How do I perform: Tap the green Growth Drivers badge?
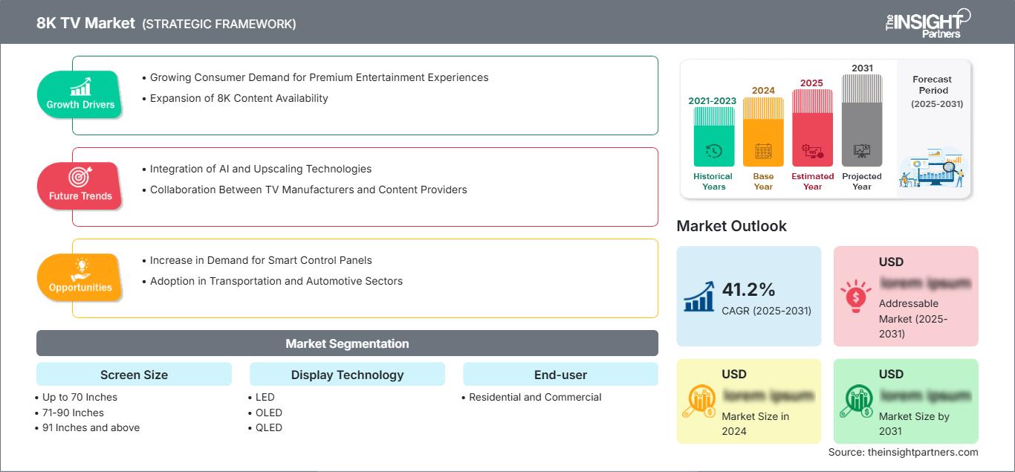click(x=80, y=94)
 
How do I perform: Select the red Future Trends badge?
click(x=80, y=186)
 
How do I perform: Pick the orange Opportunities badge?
click(x=80, y=277)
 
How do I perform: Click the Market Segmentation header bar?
click(x=347, y=343)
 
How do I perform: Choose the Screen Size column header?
click(x=134, y=375)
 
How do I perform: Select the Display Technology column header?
click(x=347, y=375)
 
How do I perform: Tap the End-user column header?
click(x=560, y=375)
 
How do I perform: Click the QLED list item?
click(x=268, y=427)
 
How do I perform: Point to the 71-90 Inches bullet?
click(x=73, y=413)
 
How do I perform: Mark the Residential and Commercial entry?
click(x=535, y=397)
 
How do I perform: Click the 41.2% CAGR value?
click(x=748, y=289)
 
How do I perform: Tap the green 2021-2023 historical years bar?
click(x=713, y=138)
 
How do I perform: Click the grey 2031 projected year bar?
click(x=862, y=120)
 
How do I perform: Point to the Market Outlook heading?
click(x=731, y=226)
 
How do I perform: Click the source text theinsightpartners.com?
click(x=903, y=452)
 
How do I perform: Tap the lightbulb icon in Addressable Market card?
click(x=855, y=295)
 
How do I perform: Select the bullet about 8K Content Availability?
click(x=239, y=98)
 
